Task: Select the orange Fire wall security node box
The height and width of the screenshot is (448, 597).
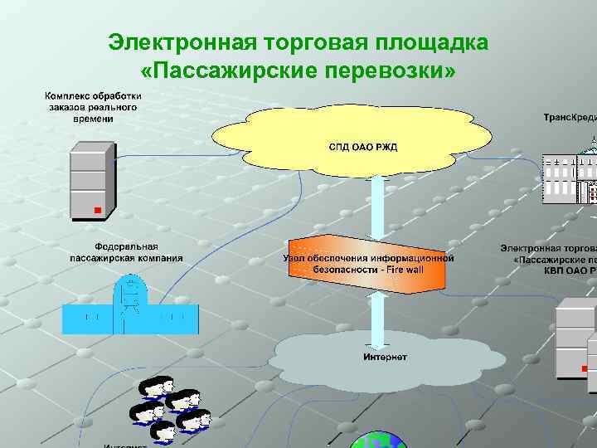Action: point(369,263)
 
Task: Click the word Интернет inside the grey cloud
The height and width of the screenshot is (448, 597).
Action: point(386,358)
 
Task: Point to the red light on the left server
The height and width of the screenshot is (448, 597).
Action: point(97,211)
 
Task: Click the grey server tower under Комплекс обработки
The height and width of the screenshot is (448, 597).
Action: point(91,183)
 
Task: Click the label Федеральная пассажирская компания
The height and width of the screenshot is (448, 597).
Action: point(126,252)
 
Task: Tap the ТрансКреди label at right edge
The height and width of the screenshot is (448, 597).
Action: point(570,118)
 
